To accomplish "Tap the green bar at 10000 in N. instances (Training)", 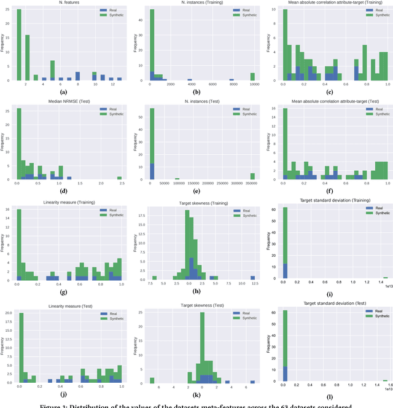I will [252, 76].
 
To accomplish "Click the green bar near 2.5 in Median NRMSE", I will [120, 178].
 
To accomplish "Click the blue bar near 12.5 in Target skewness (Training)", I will [252, 278].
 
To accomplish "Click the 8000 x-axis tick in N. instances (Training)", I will [232, 85].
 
